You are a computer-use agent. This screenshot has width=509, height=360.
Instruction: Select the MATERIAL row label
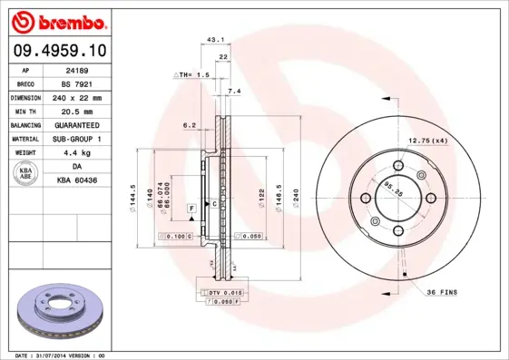point(25,139)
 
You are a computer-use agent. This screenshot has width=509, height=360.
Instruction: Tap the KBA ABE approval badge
point(26,174)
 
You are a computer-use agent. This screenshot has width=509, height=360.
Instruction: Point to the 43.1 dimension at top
point(216,40)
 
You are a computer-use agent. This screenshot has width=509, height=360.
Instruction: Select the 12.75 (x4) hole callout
point(428,141)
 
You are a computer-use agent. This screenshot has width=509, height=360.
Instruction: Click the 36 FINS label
point(443,290)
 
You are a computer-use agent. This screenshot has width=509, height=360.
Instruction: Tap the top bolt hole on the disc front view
point(399,166)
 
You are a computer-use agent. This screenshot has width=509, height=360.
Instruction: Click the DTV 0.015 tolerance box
point(221,292)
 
